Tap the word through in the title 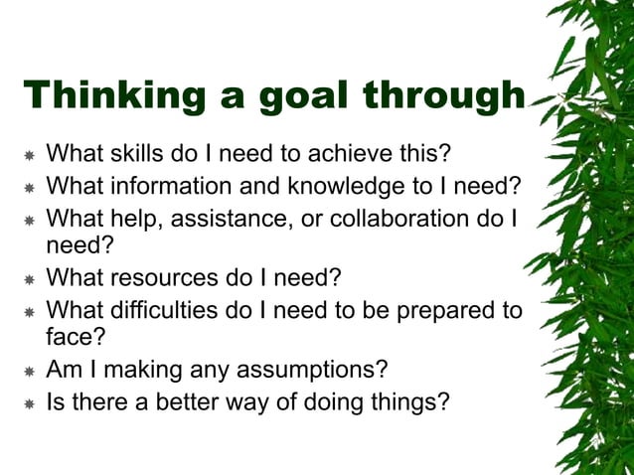coord(443,95)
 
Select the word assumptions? coord(304,370)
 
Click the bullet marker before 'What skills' coord(29,156)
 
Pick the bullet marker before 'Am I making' coord(29,372)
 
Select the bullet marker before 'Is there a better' coord(29,402)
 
